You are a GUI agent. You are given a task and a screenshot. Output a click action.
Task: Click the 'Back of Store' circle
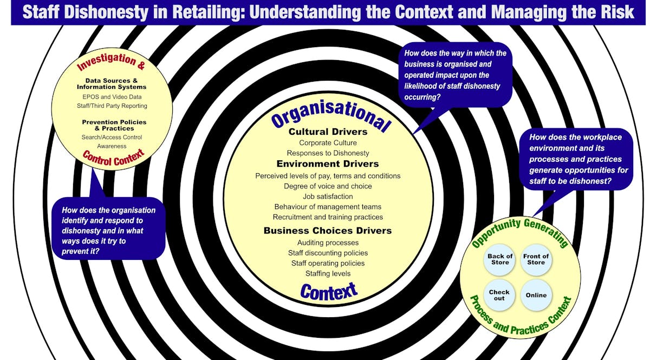click(499, 259)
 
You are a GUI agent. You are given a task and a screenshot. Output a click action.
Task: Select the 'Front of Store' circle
click(536, 259)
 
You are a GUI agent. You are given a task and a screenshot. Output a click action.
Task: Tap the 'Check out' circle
click(499, 295)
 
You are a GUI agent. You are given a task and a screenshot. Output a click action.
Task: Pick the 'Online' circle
click(536, 295)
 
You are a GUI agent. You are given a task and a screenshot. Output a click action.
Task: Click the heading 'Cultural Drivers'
click(328, 132)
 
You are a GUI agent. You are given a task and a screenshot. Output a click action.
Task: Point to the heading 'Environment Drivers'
click(328, 163)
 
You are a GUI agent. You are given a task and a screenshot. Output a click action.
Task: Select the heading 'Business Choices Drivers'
click(328, 231)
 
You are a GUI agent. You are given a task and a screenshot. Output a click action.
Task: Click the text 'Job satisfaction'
click(328, 197)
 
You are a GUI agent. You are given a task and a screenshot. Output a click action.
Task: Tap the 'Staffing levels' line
click(328, 273)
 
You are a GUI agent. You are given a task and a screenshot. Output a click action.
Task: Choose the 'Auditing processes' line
click(328, 243)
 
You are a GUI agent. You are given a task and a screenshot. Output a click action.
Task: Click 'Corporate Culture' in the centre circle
click(328, 143)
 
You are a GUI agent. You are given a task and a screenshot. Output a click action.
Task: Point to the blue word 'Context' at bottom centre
click(329, 291)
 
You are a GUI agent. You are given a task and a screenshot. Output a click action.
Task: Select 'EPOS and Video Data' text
click(112, 97)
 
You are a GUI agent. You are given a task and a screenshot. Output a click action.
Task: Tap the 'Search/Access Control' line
click(112, 138)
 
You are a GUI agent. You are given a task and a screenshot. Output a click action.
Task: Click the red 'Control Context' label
click(113, 158)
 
